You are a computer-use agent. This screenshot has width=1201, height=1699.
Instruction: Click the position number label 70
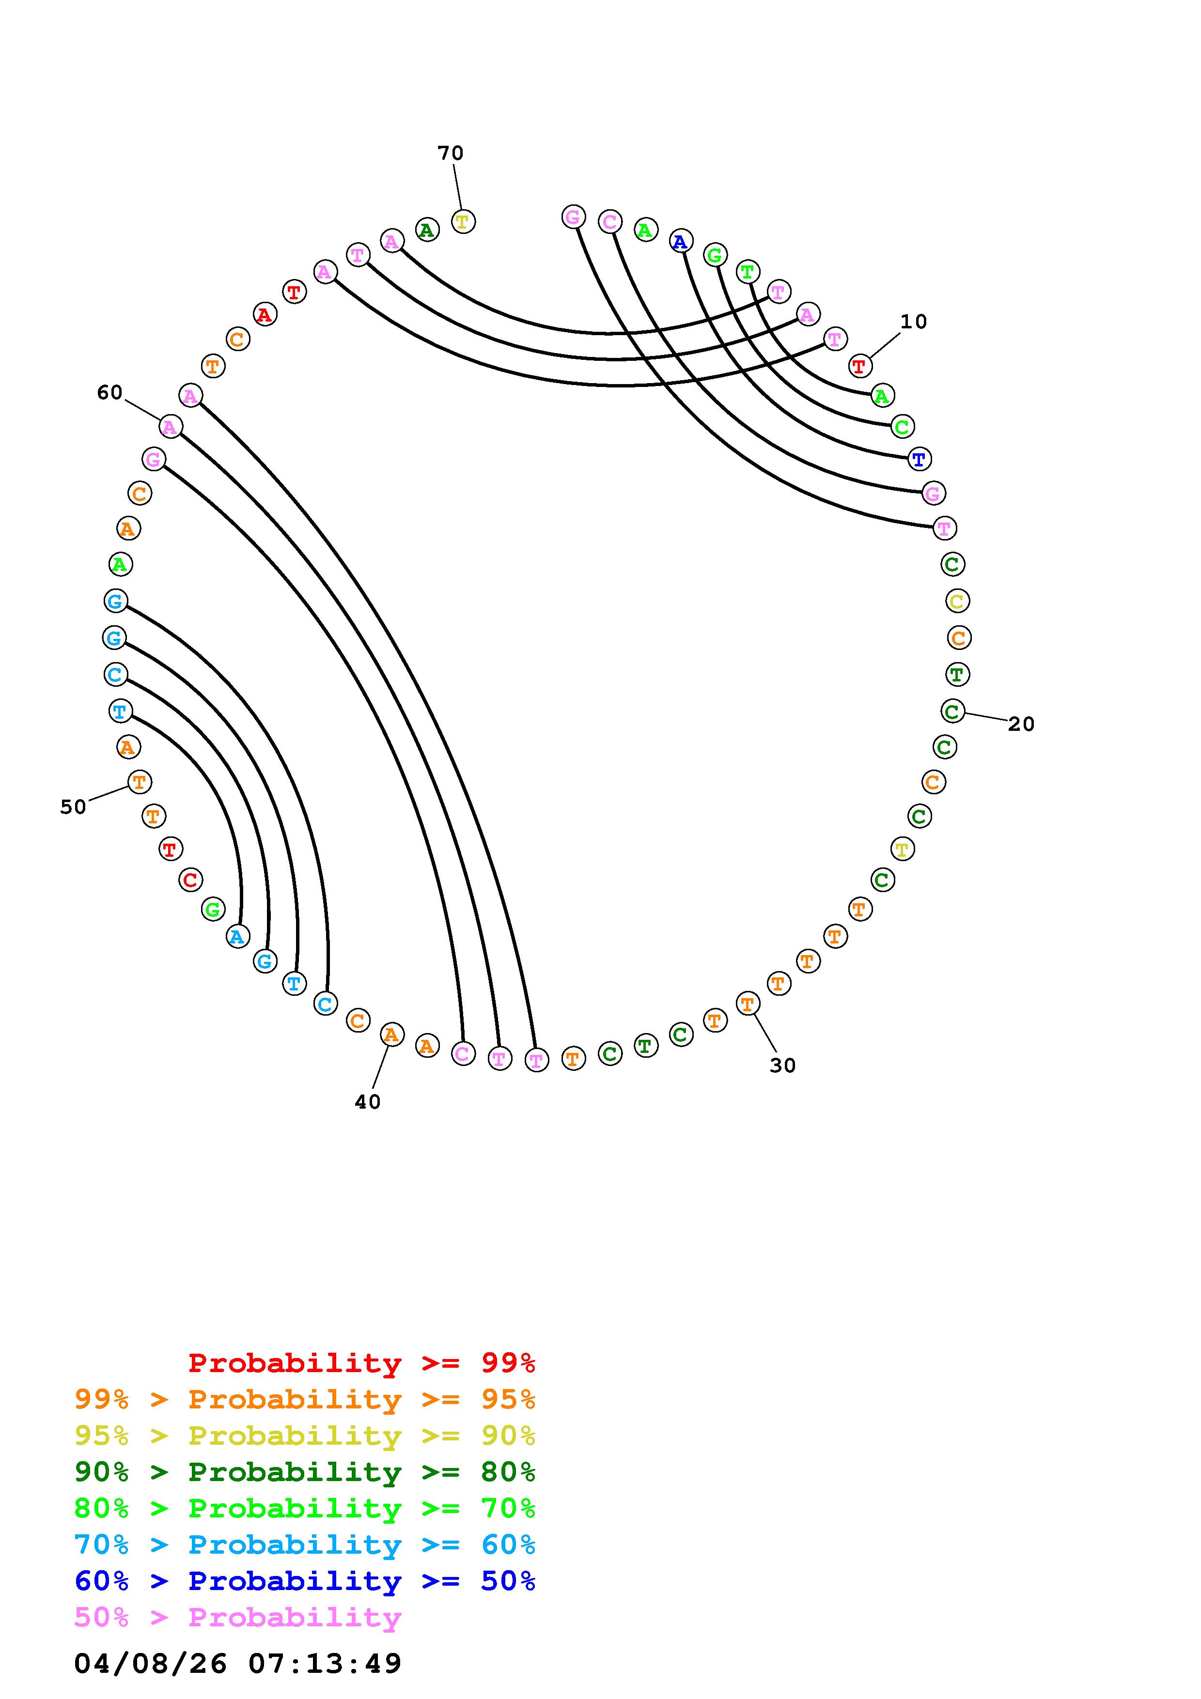(x=450, y=153)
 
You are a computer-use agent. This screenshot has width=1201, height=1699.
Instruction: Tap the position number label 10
(x=913, y=322)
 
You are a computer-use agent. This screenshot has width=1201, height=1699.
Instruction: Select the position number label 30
(x=782, y=1066)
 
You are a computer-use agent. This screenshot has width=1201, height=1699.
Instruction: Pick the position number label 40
(x=367, y=1102)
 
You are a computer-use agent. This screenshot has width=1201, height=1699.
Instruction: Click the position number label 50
(x=73, y=807)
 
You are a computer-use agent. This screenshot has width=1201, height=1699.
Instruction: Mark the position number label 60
(x=109, y=392)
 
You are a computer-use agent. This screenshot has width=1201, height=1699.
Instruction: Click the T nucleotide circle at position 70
(x=463, y=221)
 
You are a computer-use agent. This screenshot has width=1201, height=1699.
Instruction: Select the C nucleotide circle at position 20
(x=952, y=711)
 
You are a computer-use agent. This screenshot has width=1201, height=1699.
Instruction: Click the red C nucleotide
(x=190, y=880)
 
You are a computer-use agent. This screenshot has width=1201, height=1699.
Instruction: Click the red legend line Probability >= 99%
(x=362, y=1363)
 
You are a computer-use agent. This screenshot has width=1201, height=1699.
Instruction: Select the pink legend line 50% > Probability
(x=237, y=1618)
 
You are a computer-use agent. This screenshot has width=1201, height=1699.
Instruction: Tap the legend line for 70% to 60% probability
(x=304, y=1545)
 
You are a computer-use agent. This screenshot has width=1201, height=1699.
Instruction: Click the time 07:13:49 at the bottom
(x=325, y=1664)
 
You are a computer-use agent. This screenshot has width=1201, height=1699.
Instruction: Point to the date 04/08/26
(x=150, y=1664)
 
